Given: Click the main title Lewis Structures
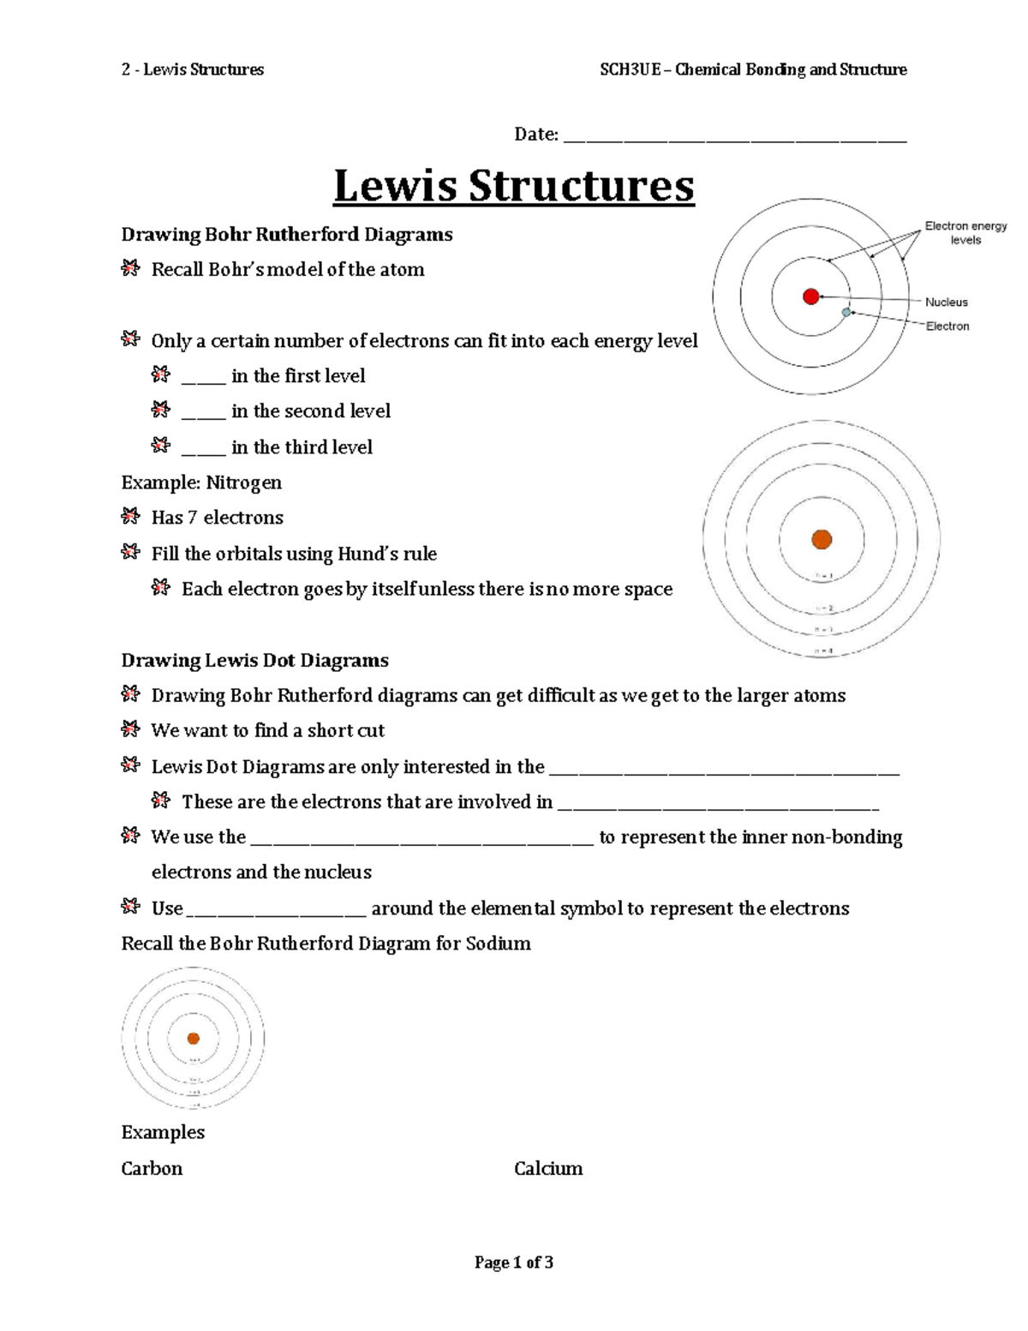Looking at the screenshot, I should pyautogui.click(x=513, y=186).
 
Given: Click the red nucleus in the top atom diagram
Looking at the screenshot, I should pyautogui.click(x=810, y=297).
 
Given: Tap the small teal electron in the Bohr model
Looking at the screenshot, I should pyautogui.click(x=846, y=313).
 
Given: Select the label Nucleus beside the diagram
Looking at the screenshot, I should pyautogui.click(x=946, y=302).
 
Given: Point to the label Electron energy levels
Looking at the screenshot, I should pyautogui.click(x=965, y=233).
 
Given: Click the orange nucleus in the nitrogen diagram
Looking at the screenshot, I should pyautogui.click(x=822, y=539).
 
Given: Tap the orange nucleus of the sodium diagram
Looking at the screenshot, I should pyautogui.click(x=193, y=1038).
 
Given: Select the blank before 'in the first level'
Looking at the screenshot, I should pyautogui.click(x=203, y=378).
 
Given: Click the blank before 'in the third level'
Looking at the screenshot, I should pyautogui.click(x=203, y=449).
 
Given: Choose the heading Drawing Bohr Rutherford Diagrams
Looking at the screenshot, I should pyautogui.click(x=286, y=235).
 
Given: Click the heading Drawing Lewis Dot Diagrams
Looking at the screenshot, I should pyautogui.click(x=254, y=660).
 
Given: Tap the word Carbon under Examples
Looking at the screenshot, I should pyautogui.click(x=152, y=1168).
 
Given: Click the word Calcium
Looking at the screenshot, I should pyautogui.click(x=548, y=1168).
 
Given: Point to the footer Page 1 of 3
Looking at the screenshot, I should pyautogui.click(x=513, y=1262).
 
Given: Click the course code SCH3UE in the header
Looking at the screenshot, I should pyautogui.click(x=630, y=69).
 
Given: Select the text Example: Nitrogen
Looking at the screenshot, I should pyautogui.click(x=201, y=483).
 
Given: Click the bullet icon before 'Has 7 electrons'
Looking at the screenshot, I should pyautogui.click(x=130, y=516).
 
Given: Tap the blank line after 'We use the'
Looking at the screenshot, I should pyautogui.click(x=421, y=840).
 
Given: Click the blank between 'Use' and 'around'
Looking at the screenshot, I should pyautogui.click(x=276, y=911).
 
